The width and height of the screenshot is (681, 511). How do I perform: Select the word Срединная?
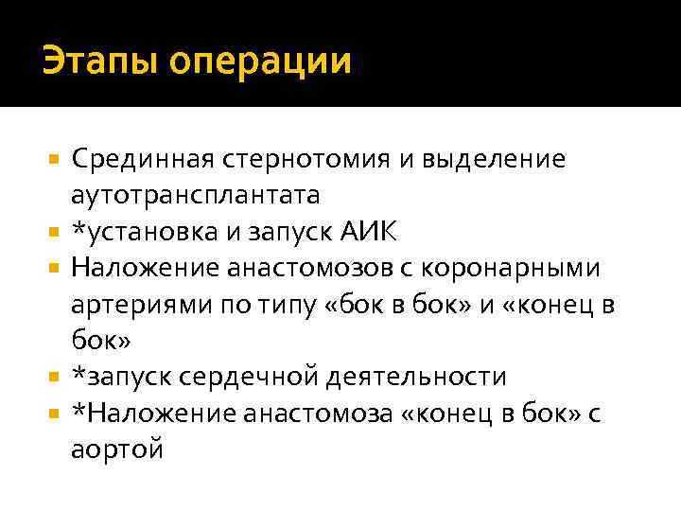coord(135,159)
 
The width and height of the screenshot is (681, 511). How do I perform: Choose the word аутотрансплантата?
coord(195,195)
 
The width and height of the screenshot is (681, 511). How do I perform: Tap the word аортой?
coord(116,449)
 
